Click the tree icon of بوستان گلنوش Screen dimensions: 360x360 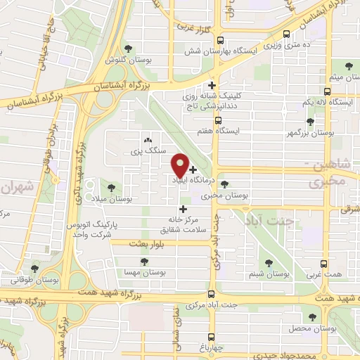128,48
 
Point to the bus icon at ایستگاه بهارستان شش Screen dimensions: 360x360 221,40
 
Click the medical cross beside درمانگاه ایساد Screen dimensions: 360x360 193,169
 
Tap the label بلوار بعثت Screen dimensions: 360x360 146,243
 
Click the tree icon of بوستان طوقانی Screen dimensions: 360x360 34,269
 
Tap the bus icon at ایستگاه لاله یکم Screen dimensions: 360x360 326,91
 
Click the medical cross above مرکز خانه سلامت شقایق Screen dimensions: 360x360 184,209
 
